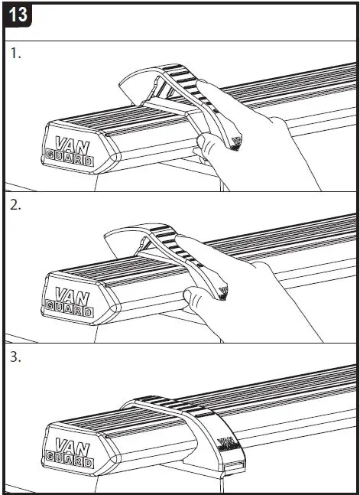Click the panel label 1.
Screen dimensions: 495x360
click(15, 54)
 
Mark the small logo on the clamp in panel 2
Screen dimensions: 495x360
click(222, 289)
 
